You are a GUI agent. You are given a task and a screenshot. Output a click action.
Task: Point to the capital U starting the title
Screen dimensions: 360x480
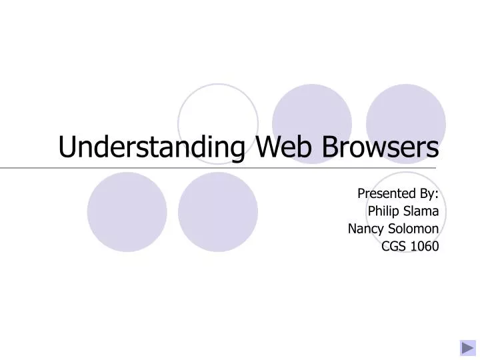(x=67, y=147)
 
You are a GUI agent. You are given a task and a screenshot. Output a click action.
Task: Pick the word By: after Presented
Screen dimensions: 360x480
(x=426, y=194)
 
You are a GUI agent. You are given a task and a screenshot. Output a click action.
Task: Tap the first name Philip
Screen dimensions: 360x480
(x=384, y=211)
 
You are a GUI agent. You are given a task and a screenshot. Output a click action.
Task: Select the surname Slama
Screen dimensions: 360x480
(x=421, y=211)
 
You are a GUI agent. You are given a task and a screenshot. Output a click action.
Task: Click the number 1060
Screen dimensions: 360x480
(x=425, y=246)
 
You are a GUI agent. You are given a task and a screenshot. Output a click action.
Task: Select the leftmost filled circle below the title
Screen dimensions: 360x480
(x=127, y=212)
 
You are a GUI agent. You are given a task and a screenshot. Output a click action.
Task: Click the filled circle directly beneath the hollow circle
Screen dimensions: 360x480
(x=218, y=212)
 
